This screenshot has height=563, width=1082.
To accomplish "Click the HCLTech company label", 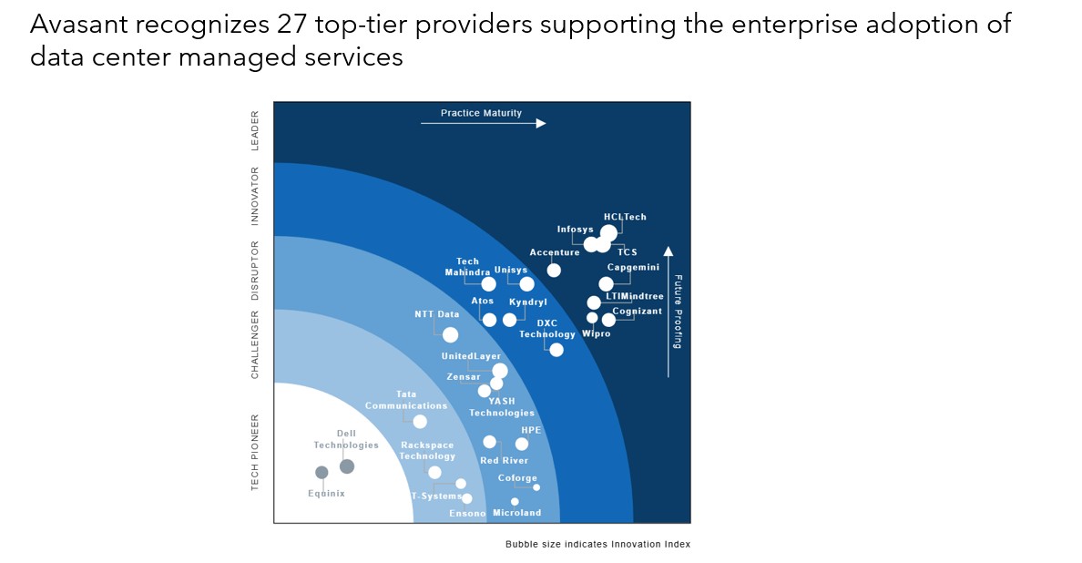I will click(x=625, y=217).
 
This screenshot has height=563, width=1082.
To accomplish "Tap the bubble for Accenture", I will click(x=554, y=270).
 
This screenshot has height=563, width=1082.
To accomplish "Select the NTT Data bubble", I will click(x=450, y=334).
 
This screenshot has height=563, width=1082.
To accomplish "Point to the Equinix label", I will click(x=326, y=494).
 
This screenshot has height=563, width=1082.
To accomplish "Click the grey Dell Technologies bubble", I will click(x=347, y=466).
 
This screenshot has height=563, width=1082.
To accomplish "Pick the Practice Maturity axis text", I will click(x=481, y=113).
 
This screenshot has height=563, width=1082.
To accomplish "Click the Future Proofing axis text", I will click(x=678, y=312).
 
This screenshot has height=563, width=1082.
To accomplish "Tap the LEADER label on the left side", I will click(x=255, y=130).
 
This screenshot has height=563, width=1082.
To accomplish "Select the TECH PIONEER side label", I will click(x=255, y=452).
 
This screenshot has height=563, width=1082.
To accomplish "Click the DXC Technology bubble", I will click(x=556, y=350).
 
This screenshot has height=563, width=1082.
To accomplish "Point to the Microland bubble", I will click(x=515, y=501).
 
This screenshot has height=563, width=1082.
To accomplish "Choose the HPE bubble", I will click(x=522, y=444).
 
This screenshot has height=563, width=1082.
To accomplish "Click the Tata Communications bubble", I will click(x=420, y=421).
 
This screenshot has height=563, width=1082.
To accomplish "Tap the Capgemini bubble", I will click(x=607, y=283).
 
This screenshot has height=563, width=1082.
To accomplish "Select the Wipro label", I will click(x=596, y=334).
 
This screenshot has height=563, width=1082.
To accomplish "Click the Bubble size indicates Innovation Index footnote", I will click(x=597, y=544).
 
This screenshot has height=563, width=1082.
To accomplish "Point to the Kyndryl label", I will click(x=528, y=302).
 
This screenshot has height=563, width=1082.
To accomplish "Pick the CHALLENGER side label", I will click(x=255, y=344).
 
